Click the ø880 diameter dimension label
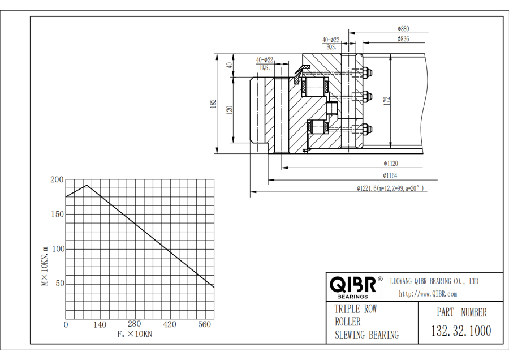(x=403, y=28)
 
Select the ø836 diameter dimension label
(x=403, y=39)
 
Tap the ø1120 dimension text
(x=390, y=164)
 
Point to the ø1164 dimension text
(x=390, y=176)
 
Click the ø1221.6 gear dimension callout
(x=390, y=188)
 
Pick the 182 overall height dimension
(x=213, y=103)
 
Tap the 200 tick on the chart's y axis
(x=57, y=180)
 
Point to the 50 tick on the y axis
(x=59, y=284)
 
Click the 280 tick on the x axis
(x=134, y=324)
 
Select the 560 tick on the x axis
(x=204, y=324)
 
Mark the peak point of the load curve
(x=87, y=185)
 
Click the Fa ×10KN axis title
(x=135, y=335)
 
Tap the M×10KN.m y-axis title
(x=45, y=265)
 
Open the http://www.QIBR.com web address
(x=428, y=294)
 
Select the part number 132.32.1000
(x=461, y=331)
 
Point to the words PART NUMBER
(x=461, y=312)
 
